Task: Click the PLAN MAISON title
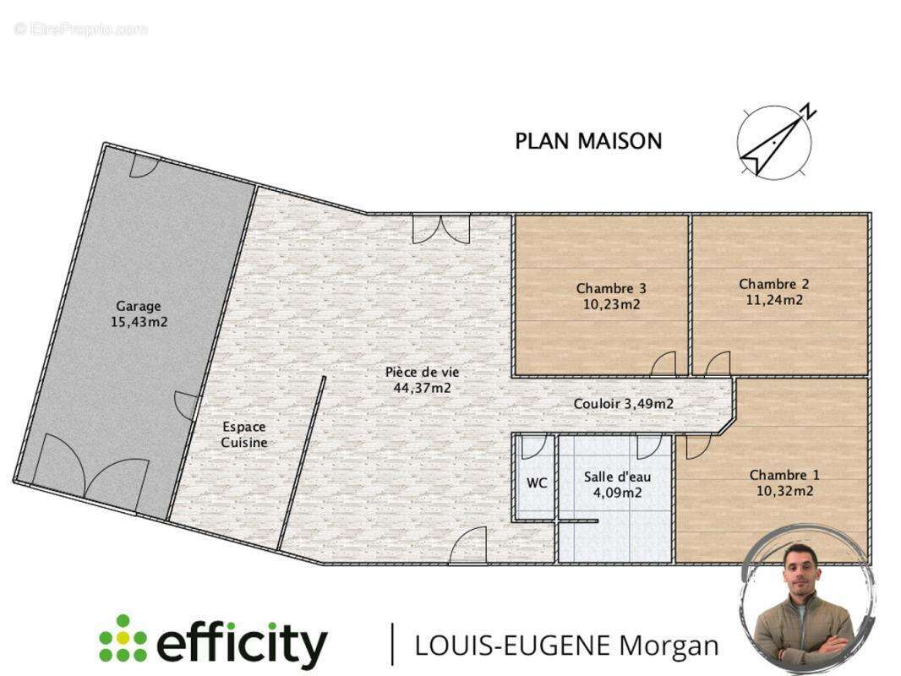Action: (x=588, y=141)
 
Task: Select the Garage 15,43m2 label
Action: (x=139, y=314)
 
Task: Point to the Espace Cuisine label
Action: (x=244, y=435)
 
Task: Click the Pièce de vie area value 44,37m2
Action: (x=423, y=388)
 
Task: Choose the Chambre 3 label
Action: (x=611, y=288)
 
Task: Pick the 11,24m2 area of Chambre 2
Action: (x=774, y=300)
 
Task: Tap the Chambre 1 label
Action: (x=784, y=475)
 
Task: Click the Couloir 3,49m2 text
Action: (x=624, y=404)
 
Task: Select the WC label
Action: (x=537, y=483)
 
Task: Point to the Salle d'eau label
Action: (x=618, y=477)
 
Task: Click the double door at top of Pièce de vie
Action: (x=441, y=229)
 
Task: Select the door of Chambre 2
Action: (x=717, y=363)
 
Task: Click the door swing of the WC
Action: (x=533, y=447)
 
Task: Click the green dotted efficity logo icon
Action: (x=123, y=638)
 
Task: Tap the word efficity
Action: (x=242, y=642)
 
